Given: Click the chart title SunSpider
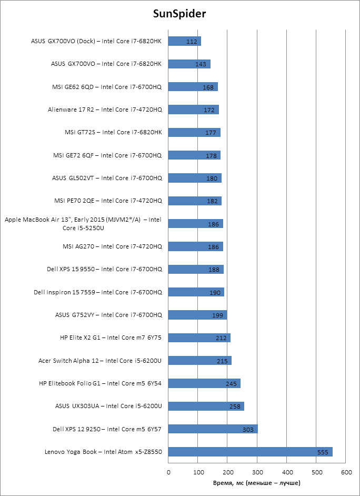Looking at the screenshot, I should [x=179, y=14].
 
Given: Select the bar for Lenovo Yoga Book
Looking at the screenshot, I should [x=251, y=452].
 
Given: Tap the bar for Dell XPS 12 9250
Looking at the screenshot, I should [x=213, y=429].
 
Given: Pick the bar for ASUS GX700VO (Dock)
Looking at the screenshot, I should [x=185, y=41].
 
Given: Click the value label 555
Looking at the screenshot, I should [x=324, y=452].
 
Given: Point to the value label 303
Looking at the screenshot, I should [x=248, y=430].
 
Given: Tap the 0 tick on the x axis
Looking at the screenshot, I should [x=168, y=472].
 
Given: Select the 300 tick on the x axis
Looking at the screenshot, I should [x=257, y=472].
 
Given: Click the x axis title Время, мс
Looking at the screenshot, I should [x=257, y=483].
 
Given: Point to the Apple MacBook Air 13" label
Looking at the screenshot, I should [x=83, y=224].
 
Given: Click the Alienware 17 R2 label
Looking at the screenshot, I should [x=105, y=110].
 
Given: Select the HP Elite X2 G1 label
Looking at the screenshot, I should [x=111, y=338].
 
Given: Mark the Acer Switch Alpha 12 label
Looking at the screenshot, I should [x=100, y=361].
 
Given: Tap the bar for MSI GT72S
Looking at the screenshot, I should [x=194, y=132].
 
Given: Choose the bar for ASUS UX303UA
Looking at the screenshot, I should [x=206, y=406].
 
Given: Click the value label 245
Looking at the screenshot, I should [x=232, y=384].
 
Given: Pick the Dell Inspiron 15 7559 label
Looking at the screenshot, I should [x=98, y=292].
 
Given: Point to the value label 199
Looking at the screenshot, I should [x=218, y=315].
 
